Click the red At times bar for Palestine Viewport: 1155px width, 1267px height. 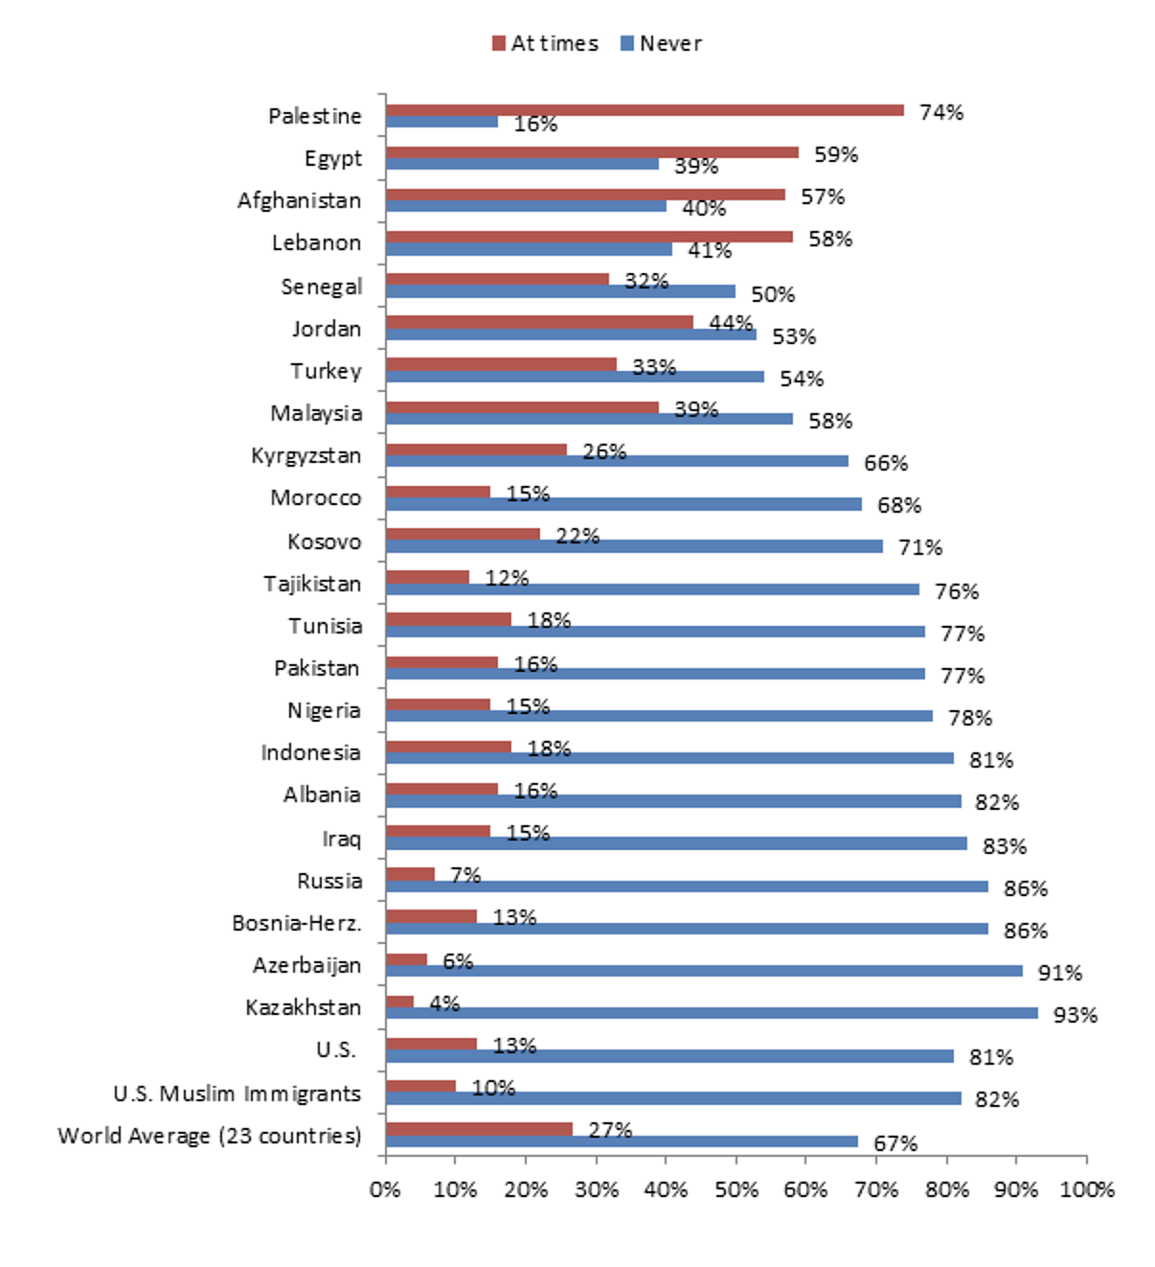point(645,110)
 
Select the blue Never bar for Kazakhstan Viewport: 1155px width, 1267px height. point(712,1013)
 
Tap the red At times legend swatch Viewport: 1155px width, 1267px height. point(498,43)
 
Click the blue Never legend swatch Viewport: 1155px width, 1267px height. point(627,43)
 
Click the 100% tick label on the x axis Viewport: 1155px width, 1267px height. point(1087,1189)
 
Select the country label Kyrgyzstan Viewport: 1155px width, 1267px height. point(306,456)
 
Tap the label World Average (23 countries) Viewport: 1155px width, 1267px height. point(210,1137)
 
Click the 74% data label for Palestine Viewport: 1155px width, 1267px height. point(940,113)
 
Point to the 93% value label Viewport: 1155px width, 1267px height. point(1075,1015)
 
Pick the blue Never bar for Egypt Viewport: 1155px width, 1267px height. point(522,164)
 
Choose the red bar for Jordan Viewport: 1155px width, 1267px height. point(539,322)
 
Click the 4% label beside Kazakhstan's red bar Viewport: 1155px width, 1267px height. point(444,1003)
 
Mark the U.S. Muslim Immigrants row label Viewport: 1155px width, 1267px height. point(237,1094)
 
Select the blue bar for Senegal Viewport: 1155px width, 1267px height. point(560,291)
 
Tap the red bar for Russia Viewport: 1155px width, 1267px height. point(410,874)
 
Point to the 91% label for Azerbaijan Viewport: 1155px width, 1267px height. point(1059,973)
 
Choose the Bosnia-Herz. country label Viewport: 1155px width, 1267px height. point(297,924)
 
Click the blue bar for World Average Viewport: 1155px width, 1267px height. point(622,1141)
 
